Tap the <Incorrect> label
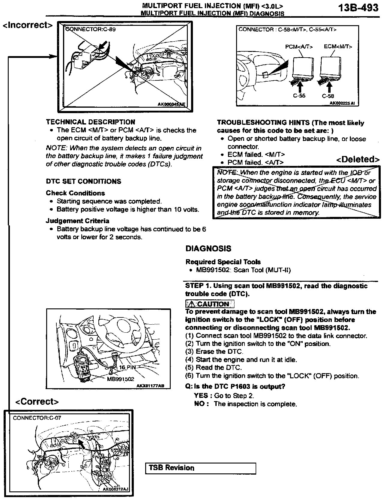click(x=28, y=25)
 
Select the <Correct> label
click(x=37, y=401)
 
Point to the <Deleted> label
click(x=358, y=159)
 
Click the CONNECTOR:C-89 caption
click(x=90, y=29)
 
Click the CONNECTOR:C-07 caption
click(x=37, y=418)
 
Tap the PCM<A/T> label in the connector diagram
click(x=299, y=47)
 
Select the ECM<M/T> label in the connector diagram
click(x=338, y=47)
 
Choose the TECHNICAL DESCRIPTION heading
click(x=90, y=122)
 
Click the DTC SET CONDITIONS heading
click(x=83, y=181)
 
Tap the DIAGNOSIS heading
click(x=208, y=249)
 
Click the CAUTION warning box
click(x=210, y=304)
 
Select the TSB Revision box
click(x=200, y=468)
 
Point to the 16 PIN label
click(x=127, y=367)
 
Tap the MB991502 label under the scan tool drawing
click(x=120, y=379)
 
